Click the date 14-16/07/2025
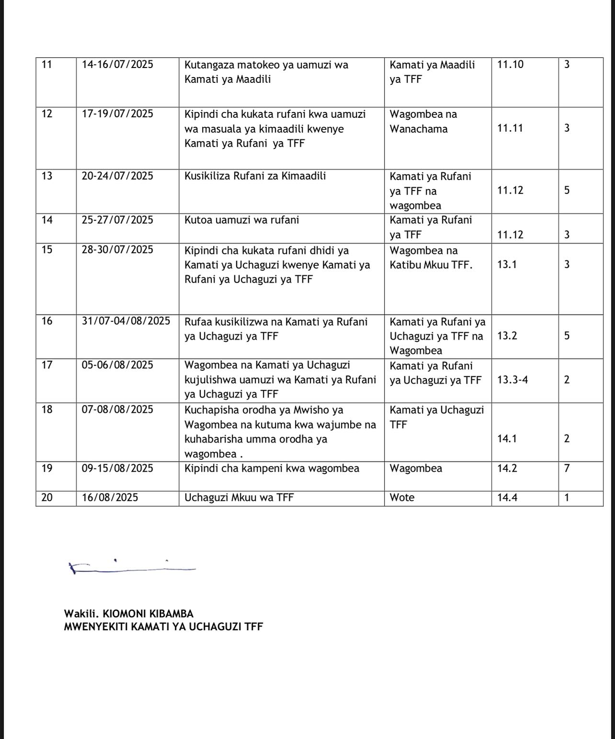(x=117, y=64)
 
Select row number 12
(x=47, y=114)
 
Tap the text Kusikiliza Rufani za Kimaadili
(x=255, y=176)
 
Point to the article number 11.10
(x=510, y=64)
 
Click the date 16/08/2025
(x=110, y=498)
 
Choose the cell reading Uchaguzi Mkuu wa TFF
(x=239, y=498)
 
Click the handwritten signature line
(x=132, y=568)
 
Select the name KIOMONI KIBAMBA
(x=148, y=614)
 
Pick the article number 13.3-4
(x=512, y=380)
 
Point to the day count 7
(x=567, y=468)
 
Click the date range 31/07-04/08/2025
(x=126, y=321)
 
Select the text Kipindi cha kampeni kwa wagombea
(x=272, y=468)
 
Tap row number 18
(x=47, y=409)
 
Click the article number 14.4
(x=507, y=498)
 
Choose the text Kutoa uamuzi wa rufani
(x=241, y=220)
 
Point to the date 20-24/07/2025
(x=117, y=176)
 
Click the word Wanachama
(x=419, y=129)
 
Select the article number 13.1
(x=507, y=264)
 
